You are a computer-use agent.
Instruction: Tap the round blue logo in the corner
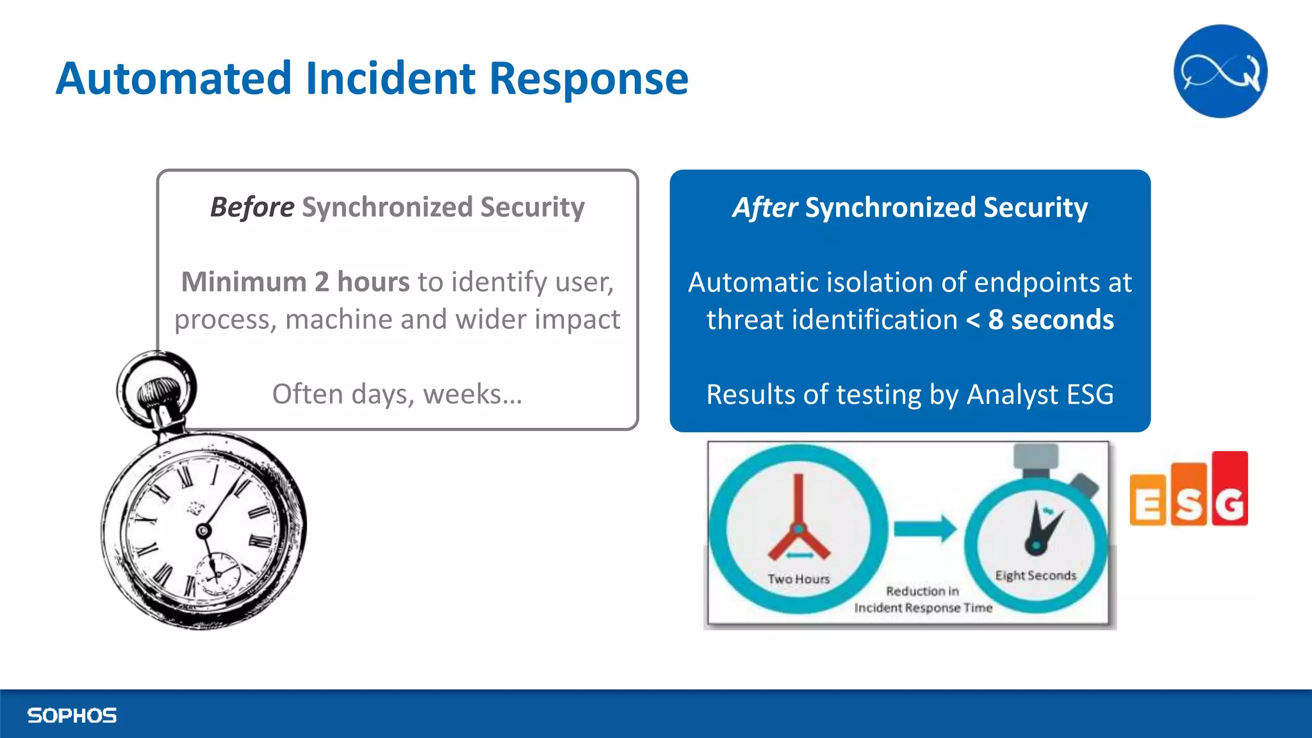(x=1220, y=71)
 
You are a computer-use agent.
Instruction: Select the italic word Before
(x=252, y=207)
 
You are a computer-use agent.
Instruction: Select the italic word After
(x=765, y=207)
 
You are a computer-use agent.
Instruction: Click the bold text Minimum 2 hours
(x=295, y=282)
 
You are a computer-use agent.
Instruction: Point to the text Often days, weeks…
(x=397, y=393)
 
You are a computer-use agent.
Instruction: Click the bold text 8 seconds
(x=1051, y=319)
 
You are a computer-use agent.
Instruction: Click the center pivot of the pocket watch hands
(x=203, y=530)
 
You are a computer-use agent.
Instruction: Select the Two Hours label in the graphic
(x=798, y=578)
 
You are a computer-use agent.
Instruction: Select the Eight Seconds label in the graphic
(x=1035, y=575)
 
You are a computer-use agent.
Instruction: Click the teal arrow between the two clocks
(x=924, y=529)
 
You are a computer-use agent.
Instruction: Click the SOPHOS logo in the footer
(x=72, y=715)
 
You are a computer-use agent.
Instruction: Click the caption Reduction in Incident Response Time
(x=922, y=600)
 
